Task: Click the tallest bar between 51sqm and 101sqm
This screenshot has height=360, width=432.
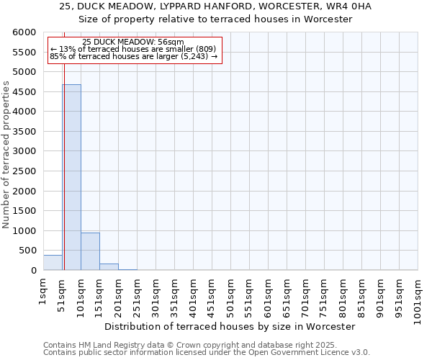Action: pos(71,177)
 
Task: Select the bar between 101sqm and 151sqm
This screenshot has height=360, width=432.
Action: pos(90,251)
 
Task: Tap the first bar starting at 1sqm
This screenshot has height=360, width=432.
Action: pos(53,263)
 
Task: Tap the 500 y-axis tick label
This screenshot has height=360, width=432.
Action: pos(27,251)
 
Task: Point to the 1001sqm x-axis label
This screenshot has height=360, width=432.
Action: pos(418,297)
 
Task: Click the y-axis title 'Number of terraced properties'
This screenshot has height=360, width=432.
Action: pos(6,155)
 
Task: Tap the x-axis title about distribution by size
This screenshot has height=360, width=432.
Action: pos(230,326)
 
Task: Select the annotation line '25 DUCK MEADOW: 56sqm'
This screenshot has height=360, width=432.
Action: pos(133,42)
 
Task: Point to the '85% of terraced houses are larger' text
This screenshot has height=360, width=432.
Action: pos(133,56)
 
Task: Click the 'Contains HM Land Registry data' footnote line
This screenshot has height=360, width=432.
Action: pos(205,345)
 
